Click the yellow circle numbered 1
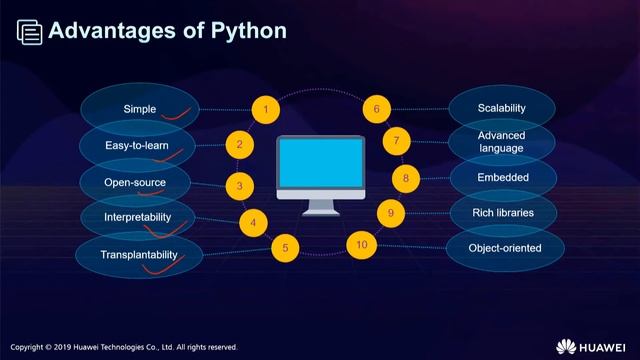click(x=265, y=108)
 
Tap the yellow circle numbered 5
click(x=285, y=248)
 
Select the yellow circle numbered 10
click(x=361, y=244)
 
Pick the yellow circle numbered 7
click(x=396, y=141)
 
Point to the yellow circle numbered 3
click(x=240, y=185)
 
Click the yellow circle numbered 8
click(x=405, y=178)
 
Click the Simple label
click(x=140, y=108)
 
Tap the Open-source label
click(x=135, y=183)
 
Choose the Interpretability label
click(x=138, y=217)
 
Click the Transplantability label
click(x=138, y=255)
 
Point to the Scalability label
click(x=501, y=108)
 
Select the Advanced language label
click(x=501, y=142)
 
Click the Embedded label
click(x=501, y=178)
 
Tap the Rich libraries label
click(x=501, y=213)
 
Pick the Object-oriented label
click(x=504, y=248)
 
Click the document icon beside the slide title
click(x=30, y=32)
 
